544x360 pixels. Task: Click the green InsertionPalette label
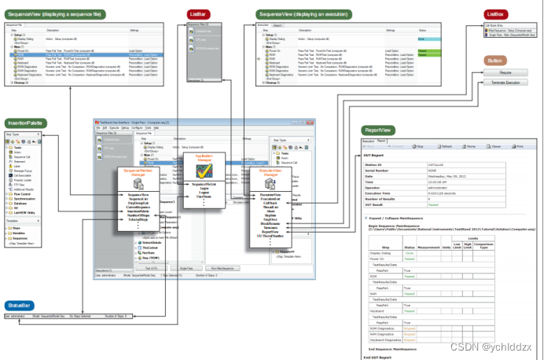[x=26, y=123]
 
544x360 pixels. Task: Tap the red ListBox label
[x=496, y=14]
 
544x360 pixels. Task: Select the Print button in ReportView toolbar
[x=516, y=146]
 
